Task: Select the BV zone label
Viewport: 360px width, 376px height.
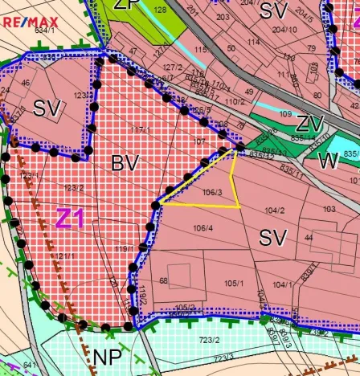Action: tap(125, 163)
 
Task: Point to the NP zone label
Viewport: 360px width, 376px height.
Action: tap(107, 357)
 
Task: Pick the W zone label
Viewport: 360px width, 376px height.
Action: tap(328, 161)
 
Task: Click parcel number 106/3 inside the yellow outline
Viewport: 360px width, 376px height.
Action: tap(212, 192)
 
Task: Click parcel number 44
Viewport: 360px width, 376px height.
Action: tap(308, 238)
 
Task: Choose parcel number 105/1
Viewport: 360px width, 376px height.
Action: tap(234, 283)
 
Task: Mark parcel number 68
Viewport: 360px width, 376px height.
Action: tap(163, 280)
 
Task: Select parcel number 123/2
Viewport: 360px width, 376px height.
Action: tap(74, 187)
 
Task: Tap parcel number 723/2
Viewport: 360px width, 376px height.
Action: tap(210, 340)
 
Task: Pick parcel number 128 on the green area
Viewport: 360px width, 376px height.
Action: tap(160, 10)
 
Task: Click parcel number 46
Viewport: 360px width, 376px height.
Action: tap(26, 82)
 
